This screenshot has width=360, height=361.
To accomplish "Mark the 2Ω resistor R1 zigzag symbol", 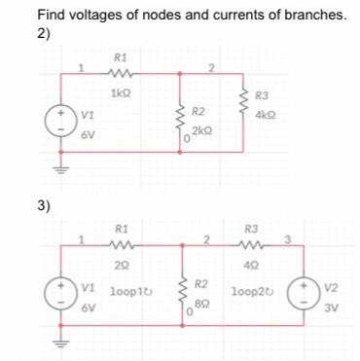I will [x=121, y=246].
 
